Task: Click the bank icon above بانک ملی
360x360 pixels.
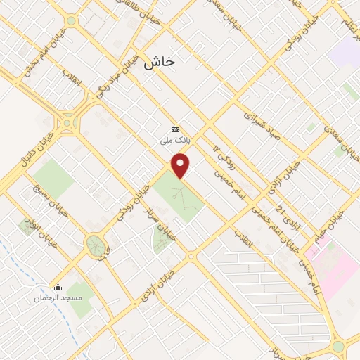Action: (x=175, y=129)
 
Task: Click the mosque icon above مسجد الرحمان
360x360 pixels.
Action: (x=58, y=287)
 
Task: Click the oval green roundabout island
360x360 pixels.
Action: (x=94, y=245)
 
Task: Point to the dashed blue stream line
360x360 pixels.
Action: (x=21, y=267)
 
